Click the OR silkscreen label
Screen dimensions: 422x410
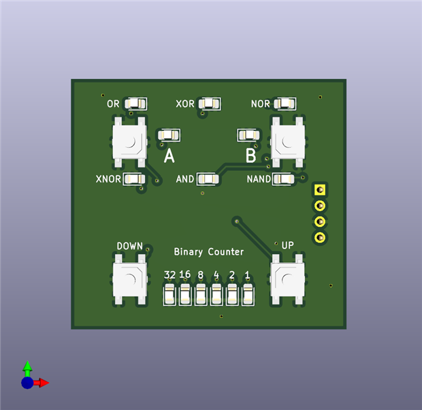coord(113,104)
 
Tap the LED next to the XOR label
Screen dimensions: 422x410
coord(209,104)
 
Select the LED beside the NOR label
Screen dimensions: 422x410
coord(285,104)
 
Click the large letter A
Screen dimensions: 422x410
coord(169,155)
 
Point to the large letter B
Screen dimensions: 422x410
coord(250,155)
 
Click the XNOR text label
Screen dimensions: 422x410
coord(108,179)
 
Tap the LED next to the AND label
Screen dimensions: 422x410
coord(208,179)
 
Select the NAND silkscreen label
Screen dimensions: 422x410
coord(259,179)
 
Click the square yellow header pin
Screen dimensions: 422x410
coord(320,190)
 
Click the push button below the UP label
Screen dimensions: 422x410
coord(287,280)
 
